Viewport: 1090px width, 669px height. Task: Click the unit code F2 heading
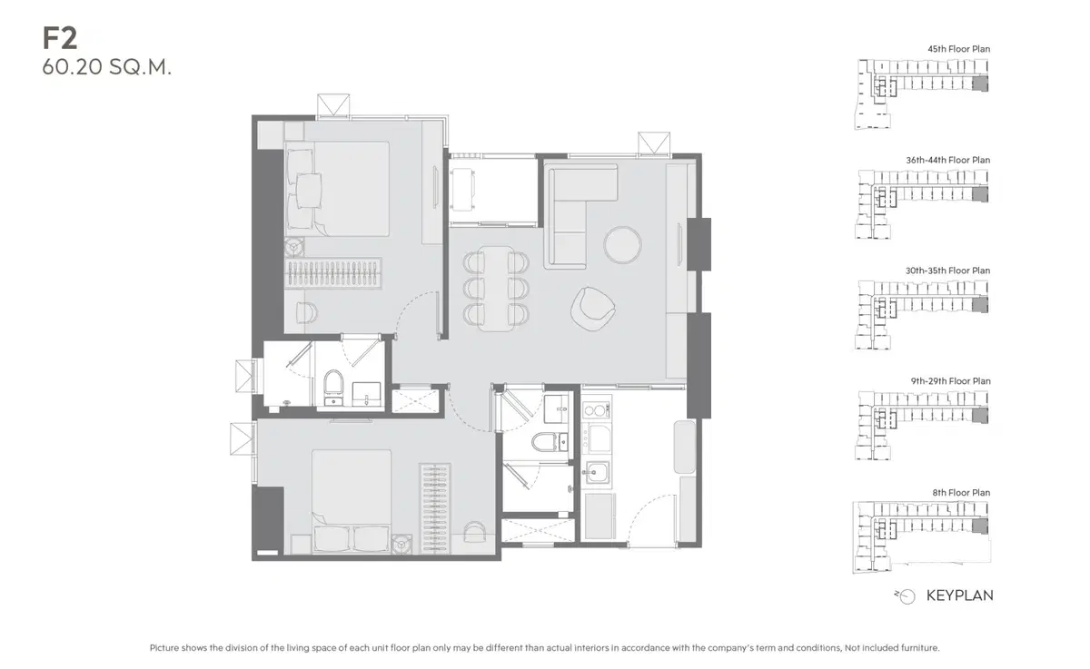point(60,38)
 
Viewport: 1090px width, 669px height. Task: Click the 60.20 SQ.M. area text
point(107,67)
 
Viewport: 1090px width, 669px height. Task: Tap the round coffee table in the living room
point(622,245)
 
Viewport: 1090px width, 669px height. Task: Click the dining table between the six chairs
point(496,289)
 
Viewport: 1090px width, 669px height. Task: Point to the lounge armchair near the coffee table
point(592,309)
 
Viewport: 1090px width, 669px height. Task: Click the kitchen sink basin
point(597,472)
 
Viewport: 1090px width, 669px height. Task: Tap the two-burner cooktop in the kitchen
point(597,410)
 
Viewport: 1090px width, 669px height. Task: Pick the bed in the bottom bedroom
point(352,501)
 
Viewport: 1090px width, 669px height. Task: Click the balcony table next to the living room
point(462,190)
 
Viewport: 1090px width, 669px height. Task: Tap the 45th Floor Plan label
point(958,49)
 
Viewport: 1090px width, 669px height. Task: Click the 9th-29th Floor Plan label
point(950,381)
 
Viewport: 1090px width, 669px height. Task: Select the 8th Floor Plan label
point(961,493)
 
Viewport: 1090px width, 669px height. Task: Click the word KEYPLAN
point(959,595)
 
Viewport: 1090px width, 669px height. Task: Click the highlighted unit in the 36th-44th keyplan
point(980,194)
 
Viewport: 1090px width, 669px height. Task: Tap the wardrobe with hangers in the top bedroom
point(332,272)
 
